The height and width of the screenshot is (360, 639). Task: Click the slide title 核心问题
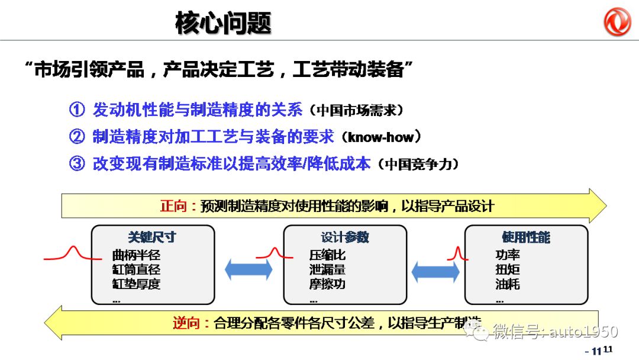(223, 23)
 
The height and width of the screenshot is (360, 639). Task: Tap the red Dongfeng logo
(617, 22)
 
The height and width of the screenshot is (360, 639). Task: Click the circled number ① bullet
(78, 110)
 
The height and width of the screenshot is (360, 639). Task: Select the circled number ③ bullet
(78, 164)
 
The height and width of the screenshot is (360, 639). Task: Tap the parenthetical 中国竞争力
(418, 165)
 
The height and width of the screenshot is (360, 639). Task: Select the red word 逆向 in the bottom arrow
(187, 323)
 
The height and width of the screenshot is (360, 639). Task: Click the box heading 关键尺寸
(152, 237)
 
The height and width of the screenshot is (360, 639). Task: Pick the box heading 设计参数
(345, 237)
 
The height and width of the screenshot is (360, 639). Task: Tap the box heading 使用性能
(526, 237)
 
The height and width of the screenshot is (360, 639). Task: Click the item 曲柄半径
(136, 256)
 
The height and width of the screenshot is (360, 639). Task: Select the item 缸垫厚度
(136, 284)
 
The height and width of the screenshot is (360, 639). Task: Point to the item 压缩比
(327, 256)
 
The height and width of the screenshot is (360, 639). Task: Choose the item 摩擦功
(327, 284)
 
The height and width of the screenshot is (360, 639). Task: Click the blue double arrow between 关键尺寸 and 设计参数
(248, 270)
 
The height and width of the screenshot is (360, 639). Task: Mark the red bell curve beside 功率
(457, 255)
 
